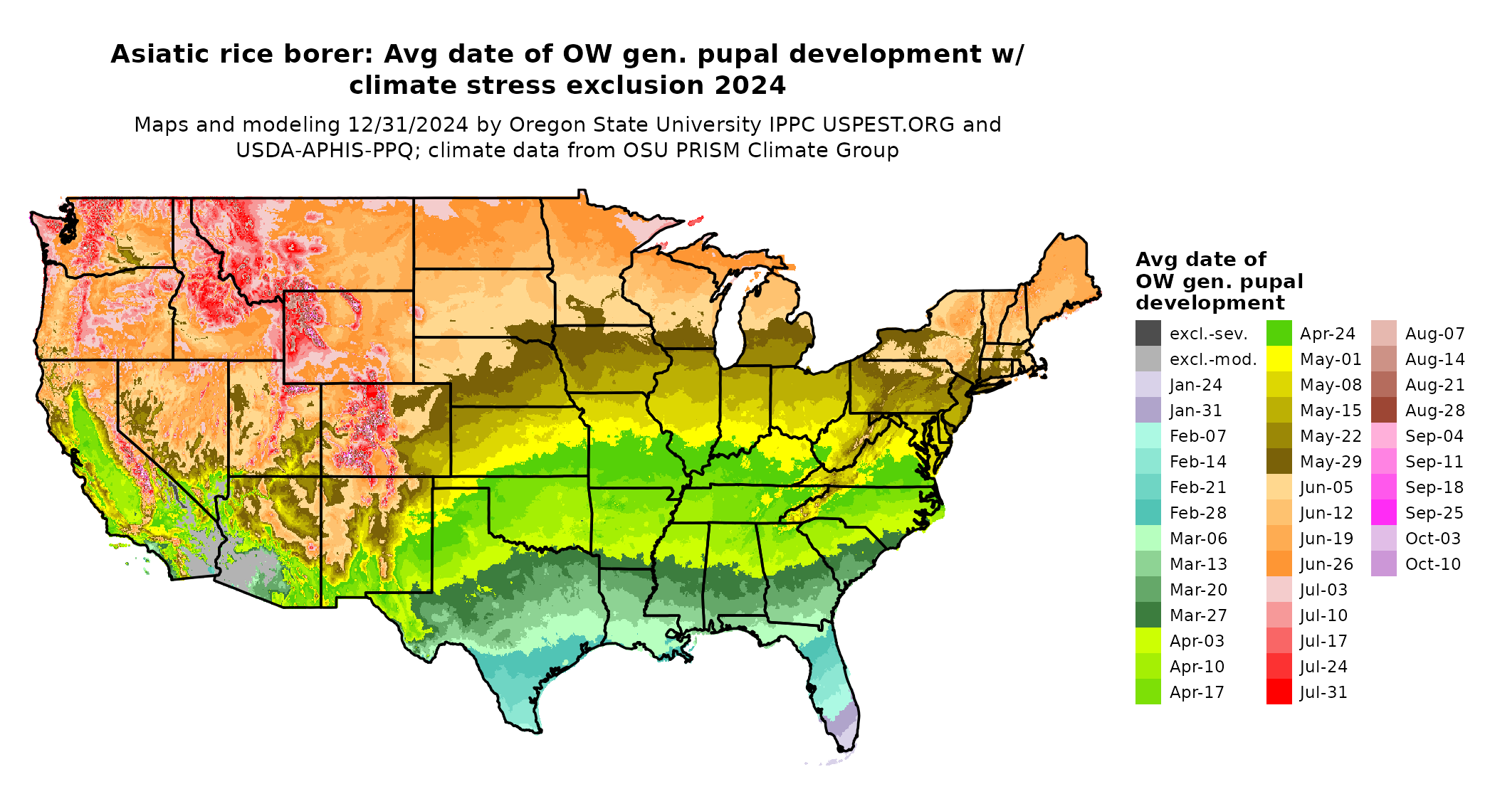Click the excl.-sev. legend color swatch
click(x=1148, y=334)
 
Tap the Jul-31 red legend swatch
click(x=1279, y=692)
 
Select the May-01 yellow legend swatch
click(x=1279, y=359)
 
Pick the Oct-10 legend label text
click(x=1432, y=564)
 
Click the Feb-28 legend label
click(x=1197, y=513)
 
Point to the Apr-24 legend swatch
click(x=1279, y=334)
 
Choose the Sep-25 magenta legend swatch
click(x=1383, y=513)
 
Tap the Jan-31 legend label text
click(x=1195, y=411)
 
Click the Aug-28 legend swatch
click(x=1383, y=411)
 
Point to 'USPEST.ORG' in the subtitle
click(x=888, y=125)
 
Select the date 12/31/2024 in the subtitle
click(x=408, y=125)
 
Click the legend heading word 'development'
click(x=1210, y=303)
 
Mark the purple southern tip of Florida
click(x=843, y=726)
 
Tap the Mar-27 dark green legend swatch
click(x=1148, y=615)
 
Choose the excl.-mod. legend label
click(x=1213, y=359)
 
